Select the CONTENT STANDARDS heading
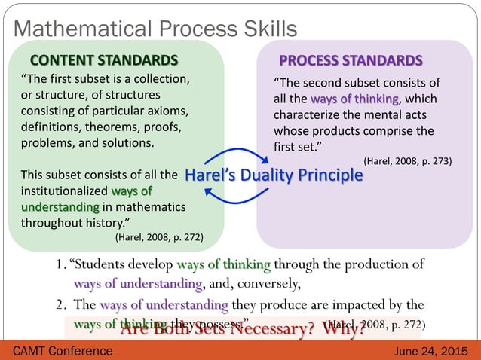[x=103, y=60]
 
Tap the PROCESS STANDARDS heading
[x=351, y=60]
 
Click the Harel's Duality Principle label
[x=274, y=175]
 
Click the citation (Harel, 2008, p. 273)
[x=407, y=160]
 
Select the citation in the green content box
[x=158, y=236]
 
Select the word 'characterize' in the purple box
[x=307, y=115]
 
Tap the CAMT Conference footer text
[x=58, y=351]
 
